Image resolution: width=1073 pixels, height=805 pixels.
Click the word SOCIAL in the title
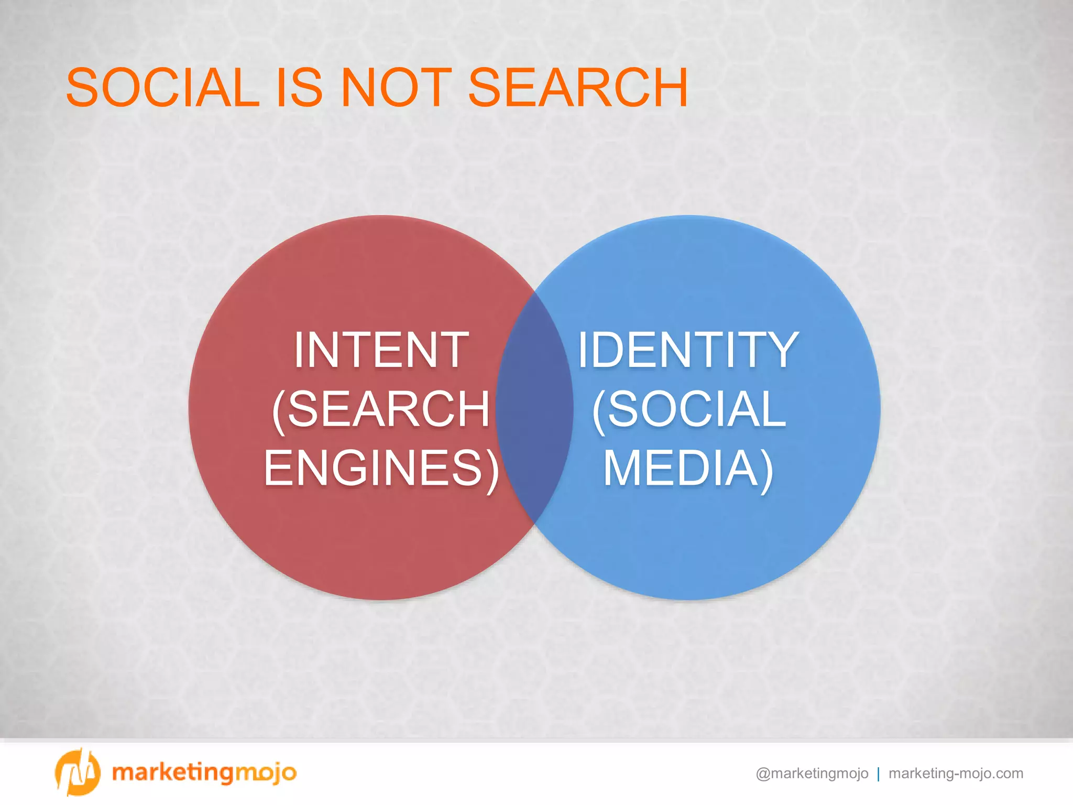click(162, 88)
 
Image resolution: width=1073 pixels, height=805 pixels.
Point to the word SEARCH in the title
click(577, 88)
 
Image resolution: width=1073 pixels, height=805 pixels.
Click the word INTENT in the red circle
click(381, 350)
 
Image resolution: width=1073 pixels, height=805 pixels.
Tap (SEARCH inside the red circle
click(381, 409)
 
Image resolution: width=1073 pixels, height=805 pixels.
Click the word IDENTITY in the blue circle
click(688, 350)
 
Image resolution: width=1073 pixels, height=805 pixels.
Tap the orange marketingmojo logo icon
click(77, 772)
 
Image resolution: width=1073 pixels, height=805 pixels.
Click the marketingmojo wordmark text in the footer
click(204, 773)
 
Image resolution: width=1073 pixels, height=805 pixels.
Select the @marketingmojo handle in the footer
click(812, 774)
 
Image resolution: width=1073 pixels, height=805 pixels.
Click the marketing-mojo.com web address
click(956, 774)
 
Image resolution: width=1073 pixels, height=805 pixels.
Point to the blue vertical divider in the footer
click(878, 774)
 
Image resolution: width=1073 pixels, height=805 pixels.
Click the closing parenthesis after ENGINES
click(492, 469)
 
